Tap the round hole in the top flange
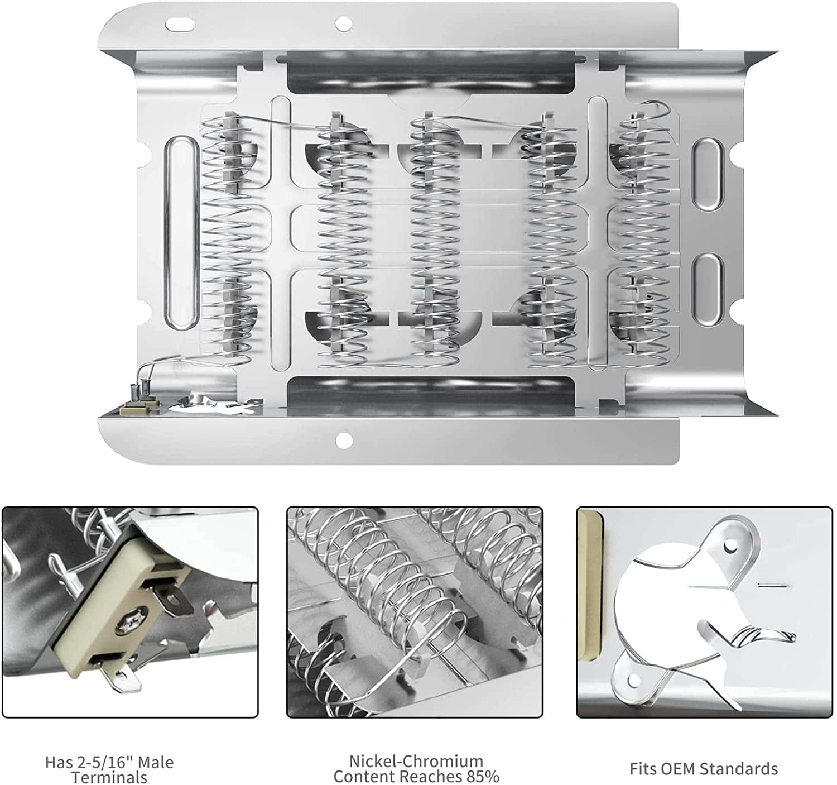click(x=340, y=23)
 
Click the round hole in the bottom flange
click(x=342, y=441)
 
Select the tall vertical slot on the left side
click(x=180, y=232)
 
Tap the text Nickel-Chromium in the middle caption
click(x=416, y=761)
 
